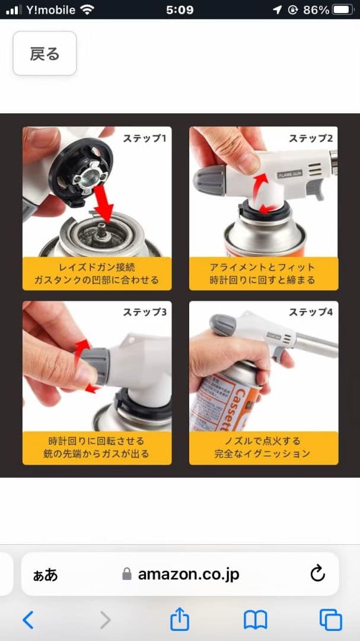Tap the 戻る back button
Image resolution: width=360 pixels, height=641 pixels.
point(44,53)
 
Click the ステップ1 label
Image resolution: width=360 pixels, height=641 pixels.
point(145,138)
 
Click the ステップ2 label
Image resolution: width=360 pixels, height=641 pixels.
point(311,138)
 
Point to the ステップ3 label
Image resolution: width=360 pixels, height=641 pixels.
point(145,312)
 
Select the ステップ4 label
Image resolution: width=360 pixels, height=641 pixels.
point(311,312)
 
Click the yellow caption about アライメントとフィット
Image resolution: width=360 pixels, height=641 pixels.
point(263,274)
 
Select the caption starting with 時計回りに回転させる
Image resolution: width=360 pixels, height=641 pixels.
point(97,448)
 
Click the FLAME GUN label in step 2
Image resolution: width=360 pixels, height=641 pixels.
point(289,174)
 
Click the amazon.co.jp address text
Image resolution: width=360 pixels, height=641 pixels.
point(189,575)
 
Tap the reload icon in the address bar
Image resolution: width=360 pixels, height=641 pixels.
point(317,574)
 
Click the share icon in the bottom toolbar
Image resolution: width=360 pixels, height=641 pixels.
point(180,619)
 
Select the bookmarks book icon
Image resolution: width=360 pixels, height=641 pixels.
point(256,620)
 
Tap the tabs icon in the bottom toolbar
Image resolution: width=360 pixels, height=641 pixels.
point(330,620)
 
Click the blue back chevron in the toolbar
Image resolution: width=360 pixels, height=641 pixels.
point(28,620)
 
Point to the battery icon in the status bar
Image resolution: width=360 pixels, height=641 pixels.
point(343,10)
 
